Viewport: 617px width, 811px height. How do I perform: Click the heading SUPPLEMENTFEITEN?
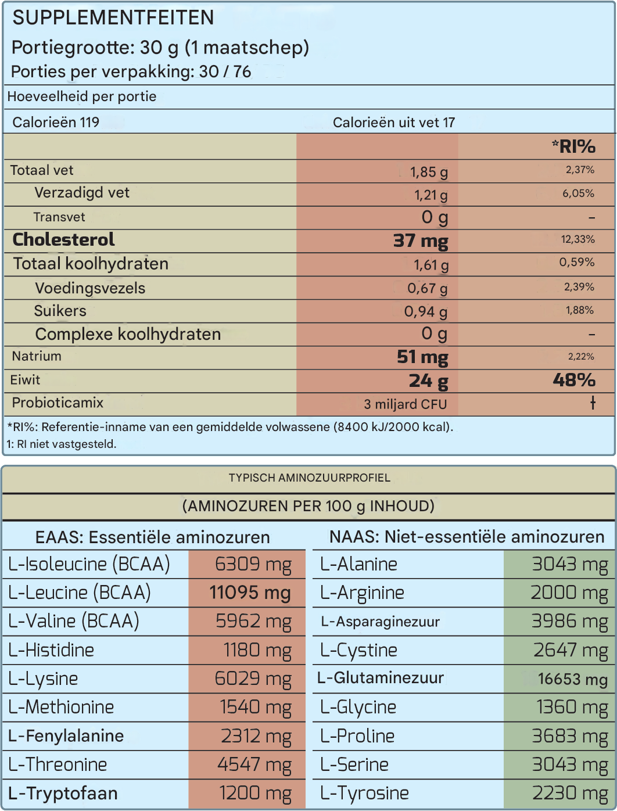pos(113,18)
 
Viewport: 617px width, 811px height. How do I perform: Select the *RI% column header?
pos(573,146)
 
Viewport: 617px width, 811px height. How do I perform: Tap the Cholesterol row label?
pos(63,239)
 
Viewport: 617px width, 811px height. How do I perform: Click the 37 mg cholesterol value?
pos(421,241)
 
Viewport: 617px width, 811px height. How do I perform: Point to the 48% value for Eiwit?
pos(573,380)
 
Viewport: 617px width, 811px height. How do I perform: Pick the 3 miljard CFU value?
pos(405,404)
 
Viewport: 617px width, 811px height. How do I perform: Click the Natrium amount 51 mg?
pos(422,357)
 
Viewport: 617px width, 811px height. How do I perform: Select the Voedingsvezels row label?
pos(90,288)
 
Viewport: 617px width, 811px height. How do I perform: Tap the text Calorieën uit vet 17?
pos(393,123)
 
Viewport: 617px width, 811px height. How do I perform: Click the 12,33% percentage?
pos(577,239)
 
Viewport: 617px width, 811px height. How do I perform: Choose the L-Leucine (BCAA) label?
pos(80,593)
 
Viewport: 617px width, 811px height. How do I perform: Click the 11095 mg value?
pos(250,593)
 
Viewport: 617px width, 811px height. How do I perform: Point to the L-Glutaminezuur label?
pos(381,678)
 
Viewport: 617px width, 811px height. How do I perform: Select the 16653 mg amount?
pos(572,679)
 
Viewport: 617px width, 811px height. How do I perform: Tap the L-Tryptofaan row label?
pos(63,794)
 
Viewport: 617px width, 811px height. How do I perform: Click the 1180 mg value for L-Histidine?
pos(257,650)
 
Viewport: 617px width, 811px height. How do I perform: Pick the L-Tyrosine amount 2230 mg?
pos(570,794)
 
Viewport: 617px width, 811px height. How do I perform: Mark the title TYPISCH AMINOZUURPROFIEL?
pos(309,478)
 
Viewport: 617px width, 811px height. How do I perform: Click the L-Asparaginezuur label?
pos(380,622)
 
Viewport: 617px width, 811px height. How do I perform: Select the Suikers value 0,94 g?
pos(425,312)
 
